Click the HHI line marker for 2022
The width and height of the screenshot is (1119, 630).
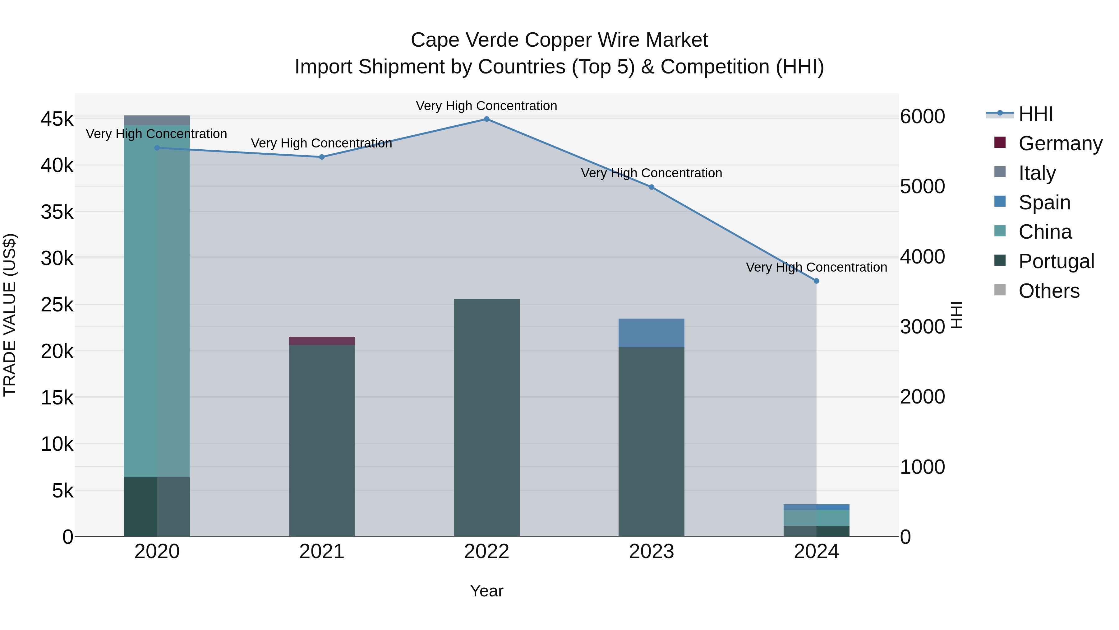486,119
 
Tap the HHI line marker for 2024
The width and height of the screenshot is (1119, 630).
816,281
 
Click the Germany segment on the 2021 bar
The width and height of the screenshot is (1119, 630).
322,341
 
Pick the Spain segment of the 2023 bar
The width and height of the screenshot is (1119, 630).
651,333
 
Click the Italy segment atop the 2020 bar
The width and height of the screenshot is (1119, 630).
157,120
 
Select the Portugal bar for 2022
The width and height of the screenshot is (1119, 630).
486,418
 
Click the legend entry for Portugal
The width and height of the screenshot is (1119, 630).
1056,261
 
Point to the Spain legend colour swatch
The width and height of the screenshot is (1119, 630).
1000,202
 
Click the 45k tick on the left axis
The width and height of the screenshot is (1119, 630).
57,119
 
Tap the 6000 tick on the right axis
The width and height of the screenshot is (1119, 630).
922,117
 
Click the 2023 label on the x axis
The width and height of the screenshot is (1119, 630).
651,552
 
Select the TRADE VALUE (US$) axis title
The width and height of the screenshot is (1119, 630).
10,315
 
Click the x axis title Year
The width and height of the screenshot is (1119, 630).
486,591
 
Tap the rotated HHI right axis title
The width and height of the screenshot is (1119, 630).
956,315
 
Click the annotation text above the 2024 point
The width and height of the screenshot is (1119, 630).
816,267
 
